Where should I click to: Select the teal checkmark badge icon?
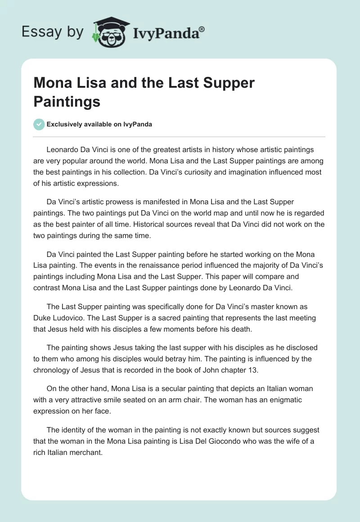pyautogui.click(x=39, y=124)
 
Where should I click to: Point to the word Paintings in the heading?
pyautogui.click(x=67, y=102)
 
